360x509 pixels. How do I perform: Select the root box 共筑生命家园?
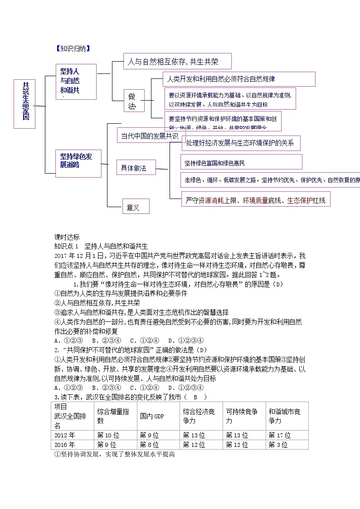[24, 104]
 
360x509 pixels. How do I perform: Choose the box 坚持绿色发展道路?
[78, 163]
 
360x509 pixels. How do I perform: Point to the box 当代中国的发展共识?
[151, 136]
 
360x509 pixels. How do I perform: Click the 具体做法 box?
[136, 168]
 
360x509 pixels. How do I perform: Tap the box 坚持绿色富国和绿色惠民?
[241, 162]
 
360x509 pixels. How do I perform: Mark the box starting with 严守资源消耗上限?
[256, 199]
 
